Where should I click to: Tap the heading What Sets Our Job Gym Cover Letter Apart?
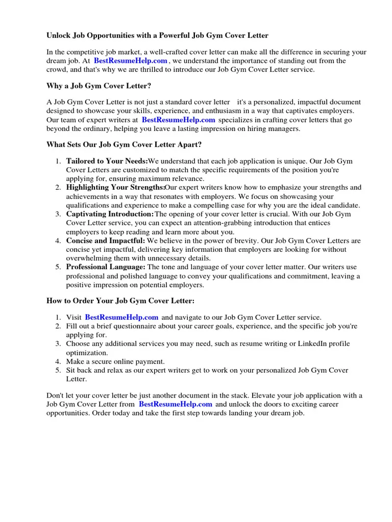pyautogui.click(x=124, y=145)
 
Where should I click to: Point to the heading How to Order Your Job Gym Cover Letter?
pyautogui.click(x=120, y=301)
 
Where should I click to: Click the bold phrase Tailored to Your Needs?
pyautogui.click(x=107, y=162)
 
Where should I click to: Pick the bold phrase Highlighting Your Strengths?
pyautogui.click(x=115, y=188)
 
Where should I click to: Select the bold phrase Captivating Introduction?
pyautogui.click(x=110, y=214)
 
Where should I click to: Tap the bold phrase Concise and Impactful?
pyautogui.click(x=106, y=241)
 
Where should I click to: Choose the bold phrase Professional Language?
pyautogui.click(x=106, y=267)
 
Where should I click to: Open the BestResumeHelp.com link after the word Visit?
pyautogui.click(x=121, y=318)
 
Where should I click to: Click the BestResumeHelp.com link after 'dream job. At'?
pyautogui.click(x=130, y=61)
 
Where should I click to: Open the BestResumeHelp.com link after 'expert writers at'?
pyautogui.click(x=178, y=120)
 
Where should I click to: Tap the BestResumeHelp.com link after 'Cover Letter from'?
pyautogui.click(x=175, y=404)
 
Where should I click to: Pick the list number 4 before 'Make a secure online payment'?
pyautogui.click(x=58, y=361)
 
